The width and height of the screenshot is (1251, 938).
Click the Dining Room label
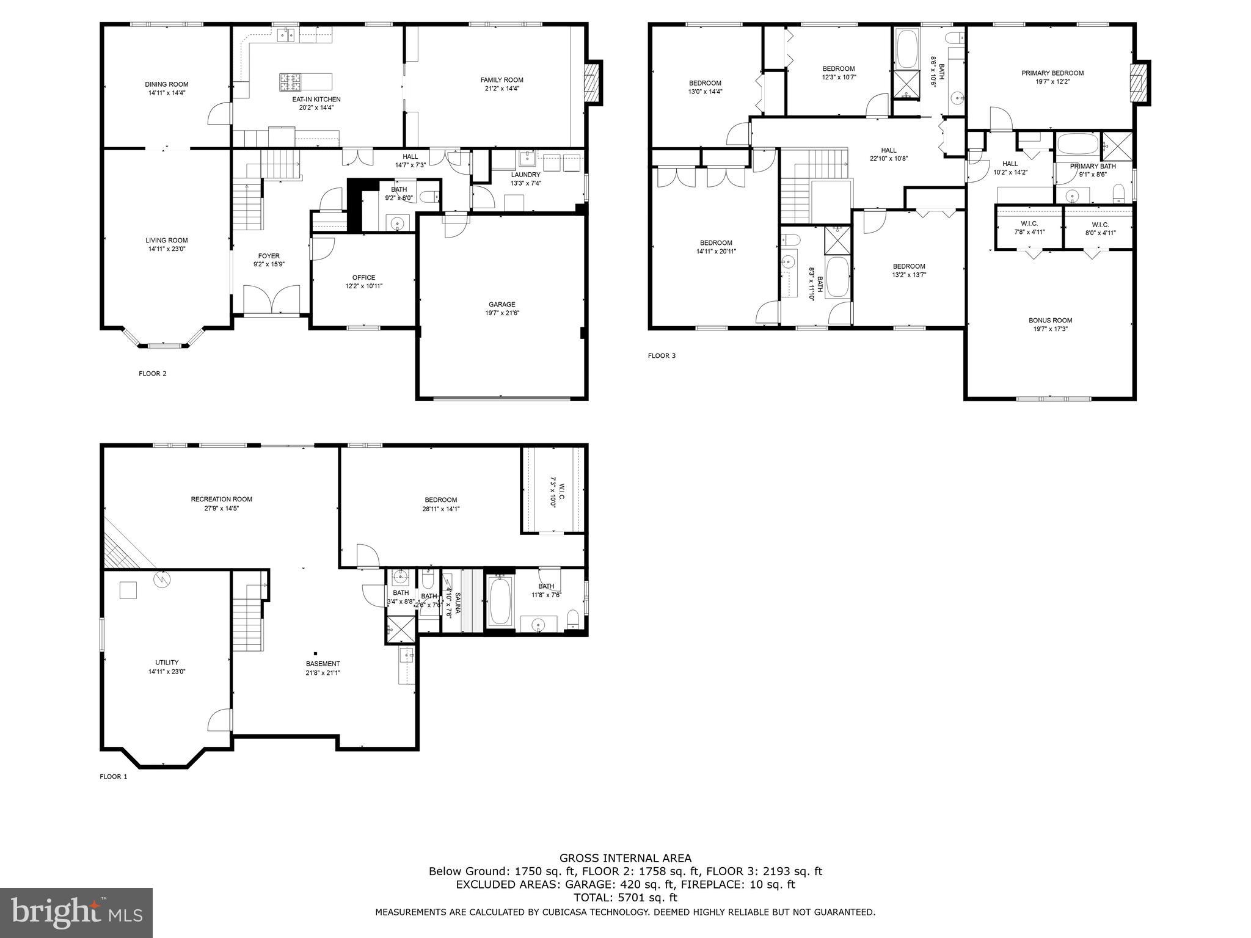coord(166,84)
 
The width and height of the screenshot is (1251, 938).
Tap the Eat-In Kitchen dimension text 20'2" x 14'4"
coord(316,107)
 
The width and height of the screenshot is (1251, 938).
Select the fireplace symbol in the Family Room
coord(591,81)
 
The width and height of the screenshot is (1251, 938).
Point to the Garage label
coord(501,304)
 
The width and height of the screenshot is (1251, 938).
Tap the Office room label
coord(363,277)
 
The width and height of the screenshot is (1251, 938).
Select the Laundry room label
coord(525,175)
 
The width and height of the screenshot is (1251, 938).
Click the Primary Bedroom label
coord(1052,73)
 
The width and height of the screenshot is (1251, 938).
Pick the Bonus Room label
coord(1050,320)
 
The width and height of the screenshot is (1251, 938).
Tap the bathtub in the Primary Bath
coord(1078,145)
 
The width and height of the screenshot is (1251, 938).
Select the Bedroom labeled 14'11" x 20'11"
coord(716,242)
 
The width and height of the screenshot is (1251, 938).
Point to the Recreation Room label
coord(221,499)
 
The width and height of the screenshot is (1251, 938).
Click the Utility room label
coord(167,662)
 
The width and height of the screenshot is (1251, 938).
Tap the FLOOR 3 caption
coord(662,355)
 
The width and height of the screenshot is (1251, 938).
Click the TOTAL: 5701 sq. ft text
coord(625,898)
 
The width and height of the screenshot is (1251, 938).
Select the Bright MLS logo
coord(76,912)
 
